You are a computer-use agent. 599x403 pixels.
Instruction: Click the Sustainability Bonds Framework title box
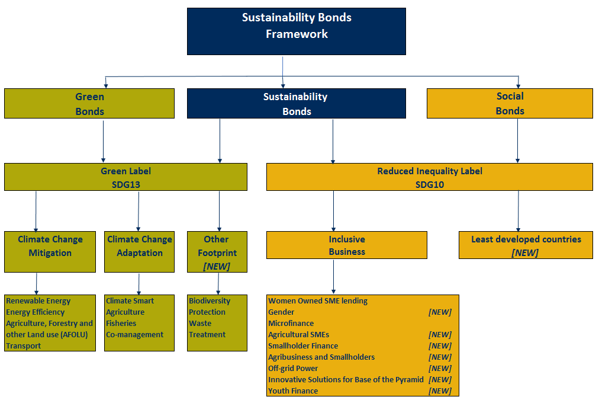297,31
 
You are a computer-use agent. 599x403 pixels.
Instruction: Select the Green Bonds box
89,104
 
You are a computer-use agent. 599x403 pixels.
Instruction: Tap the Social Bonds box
510,103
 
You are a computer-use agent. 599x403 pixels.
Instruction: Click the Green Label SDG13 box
125,177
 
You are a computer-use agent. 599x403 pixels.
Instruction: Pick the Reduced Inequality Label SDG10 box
429,177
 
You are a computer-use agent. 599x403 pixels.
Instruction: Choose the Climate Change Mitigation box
50,246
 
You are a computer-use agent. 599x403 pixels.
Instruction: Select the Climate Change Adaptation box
139,246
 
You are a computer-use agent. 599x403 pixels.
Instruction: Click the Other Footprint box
217,246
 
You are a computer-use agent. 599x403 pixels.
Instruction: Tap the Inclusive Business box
346,245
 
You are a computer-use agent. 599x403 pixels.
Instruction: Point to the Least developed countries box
526,245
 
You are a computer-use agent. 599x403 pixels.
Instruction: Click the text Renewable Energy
35,301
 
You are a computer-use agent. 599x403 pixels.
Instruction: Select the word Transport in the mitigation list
23,346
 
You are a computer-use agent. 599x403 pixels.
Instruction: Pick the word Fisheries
121,324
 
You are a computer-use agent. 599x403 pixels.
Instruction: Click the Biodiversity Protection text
209,306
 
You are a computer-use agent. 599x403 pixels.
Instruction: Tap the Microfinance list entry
291,324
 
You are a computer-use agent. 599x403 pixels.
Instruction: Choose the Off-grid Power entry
293,369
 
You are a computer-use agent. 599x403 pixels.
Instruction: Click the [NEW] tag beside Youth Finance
440,391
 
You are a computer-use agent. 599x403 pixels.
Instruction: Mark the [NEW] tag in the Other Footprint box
216,266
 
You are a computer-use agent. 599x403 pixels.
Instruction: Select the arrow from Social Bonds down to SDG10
518,140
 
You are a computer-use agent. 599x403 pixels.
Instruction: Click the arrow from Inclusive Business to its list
333,277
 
